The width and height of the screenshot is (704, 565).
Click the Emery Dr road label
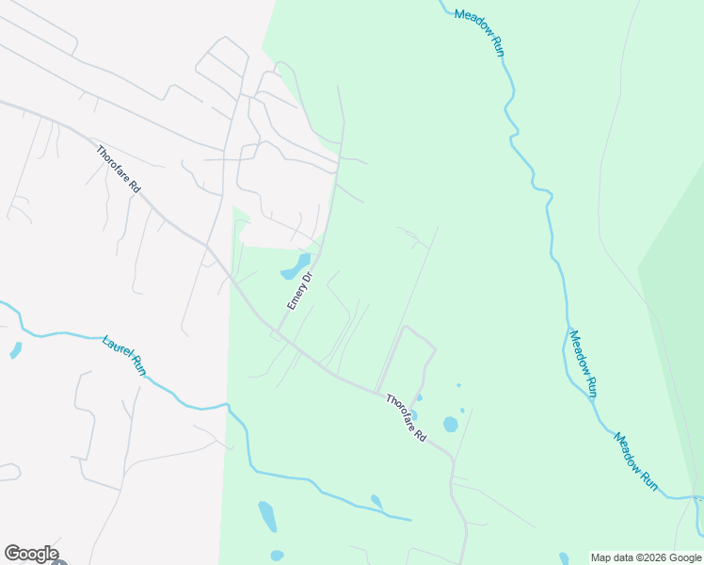pyautogui.click(x=299, y=292)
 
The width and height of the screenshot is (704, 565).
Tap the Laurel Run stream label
pyautogui.click(x=123, y=351)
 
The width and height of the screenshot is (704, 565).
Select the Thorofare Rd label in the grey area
pyautogui.click(x=119, y=169)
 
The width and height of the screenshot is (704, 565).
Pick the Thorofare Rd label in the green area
pyautogui.click(x=406, y=418)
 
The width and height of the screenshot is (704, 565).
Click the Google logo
pyautogui.click(x=30, y=554)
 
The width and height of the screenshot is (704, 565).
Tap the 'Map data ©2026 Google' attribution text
pyautogui.click(x=646, y=557)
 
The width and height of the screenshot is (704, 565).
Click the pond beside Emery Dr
pyautogui.click(x=296, y=266)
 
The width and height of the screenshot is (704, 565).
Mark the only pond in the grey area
pyautogui.click(x=15, y=350)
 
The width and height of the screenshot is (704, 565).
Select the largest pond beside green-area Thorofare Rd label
pyautogui.click(x=450, y=424)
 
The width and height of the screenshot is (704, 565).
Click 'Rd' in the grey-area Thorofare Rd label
pyautogui.click(x=135, y=186)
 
